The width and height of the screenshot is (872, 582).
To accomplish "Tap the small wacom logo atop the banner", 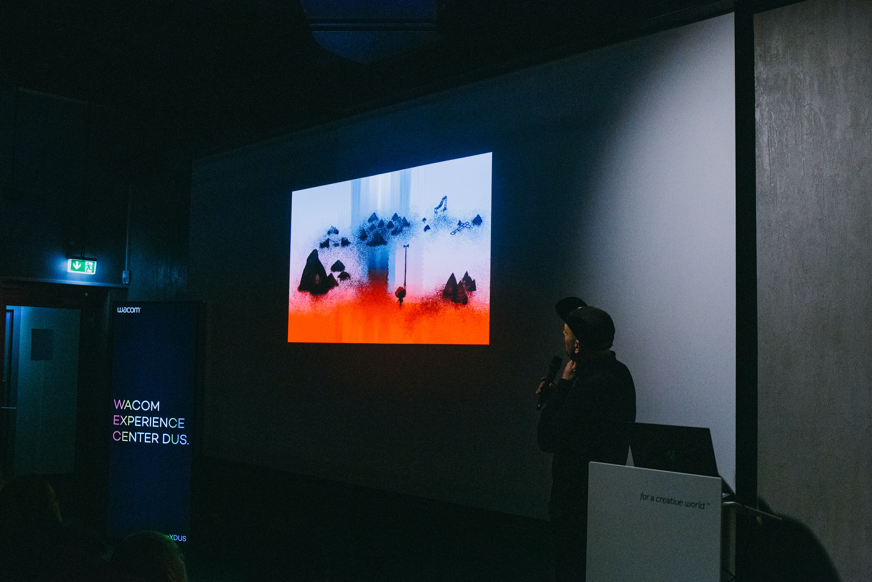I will [x=129, y=310].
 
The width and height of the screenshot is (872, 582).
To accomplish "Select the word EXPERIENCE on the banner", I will [x=149, y=422].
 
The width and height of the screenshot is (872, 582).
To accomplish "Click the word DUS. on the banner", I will [x=175, y=439].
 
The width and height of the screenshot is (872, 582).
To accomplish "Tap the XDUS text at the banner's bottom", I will [x=178, y=538].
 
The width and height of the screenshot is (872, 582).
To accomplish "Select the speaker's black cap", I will [x=586, y=321].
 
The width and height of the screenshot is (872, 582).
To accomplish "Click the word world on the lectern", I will [x=695, y=504].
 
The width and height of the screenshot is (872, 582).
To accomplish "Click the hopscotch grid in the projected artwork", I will [x=460, y=227].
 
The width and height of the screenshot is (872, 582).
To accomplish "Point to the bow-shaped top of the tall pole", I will [x=406, y=246].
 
